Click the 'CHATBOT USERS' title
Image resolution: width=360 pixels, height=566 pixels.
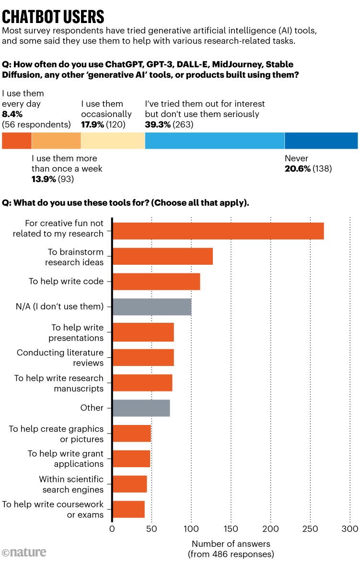pos(53,16)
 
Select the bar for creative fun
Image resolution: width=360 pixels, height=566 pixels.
pos(218,231)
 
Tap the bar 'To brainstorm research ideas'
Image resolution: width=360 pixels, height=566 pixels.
pos(162,257)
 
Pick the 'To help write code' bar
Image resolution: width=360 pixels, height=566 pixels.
pos(156,282)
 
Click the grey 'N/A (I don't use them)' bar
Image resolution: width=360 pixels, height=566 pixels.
pos(151,307)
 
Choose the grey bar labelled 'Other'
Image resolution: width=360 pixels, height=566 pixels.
pos(141,408)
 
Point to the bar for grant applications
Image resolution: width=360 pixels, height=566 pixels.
pos(131,459)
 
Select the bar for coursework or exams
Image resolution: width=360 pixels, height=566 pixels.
pos(128,509)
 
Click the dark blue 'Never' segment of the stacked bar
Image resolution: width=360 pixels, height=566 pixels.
pos(321,141)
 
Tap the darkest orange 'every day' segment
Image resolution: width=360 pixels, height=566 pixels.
pos(17,141)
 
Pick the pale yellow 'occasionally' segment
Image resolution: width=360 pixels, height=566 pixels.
pos(113,141)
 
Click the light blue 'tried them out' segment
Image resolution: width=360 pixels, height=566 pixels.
pos(215,141)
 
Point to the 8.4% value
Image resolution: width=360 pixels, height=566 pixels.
pos(12,114)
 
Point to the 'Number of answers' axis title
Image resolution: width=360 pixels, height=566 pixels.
pos(231,544)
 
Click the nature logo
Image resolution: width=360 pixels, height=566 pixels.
pos(24,553)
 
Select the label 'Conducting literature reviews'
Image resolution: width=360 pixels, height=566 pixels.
pos(60,358)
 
